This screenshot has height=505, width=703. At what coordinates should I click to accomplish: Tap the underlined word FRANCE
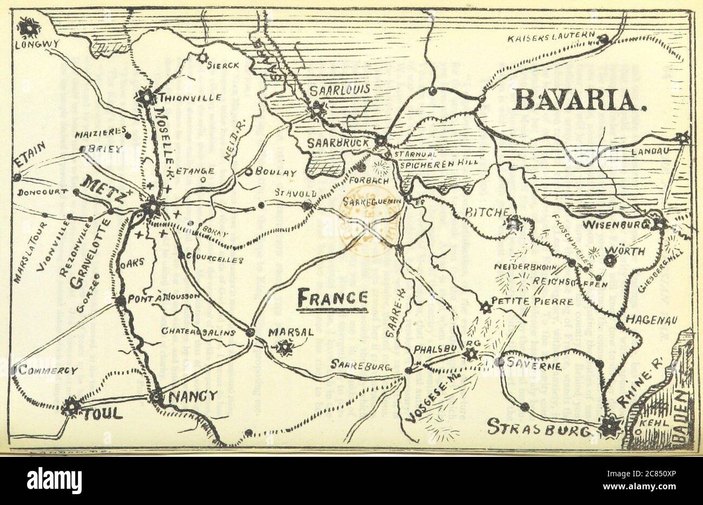point(333,297)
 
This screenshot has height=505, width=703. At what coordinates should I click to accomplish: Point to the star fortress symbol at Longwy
point(27,25)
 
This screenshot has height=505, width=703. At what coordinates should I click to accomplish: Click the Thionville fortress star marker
point(145,98)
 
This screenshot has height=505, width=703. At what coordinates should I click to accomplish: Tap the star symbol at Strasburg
point(612,425)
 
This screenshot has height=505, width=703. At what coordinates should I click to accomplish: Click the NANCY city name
point(193,396)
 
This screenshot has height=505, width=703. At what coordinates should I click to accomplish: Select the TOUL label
point(102,415)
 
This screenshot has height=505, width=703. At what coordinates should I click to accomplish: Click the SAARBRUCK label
point(338,143)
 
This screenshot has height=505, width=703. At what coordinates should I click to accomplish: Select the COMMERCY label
point(49,371)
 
